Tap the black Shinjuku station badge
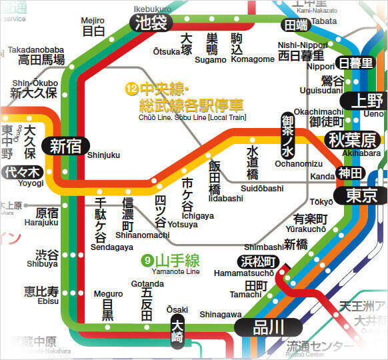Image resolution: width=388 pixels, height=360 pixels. pyautogui.click(x=65, y=147)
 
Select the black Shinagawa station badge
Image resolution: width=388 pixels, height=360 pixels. pyautogui.click(x=269, y=327)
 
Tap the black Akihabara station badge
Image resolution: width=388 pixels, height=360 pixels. pyautogui.click(x=352, y=139)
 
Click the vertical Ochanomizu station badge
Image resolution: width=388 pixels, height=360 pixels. pyautogui.click(x=287, y=135)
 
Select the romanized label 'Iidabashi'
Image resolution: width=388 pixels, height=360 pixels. pyautogui.click(x=225, y=199)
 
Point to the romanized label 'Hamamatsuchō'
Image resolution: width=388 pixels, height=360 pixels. pyautogui.click(x=243, y=273)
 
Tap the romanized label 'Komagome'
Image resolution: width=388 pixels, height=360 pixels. pyautogui.click(x=253, y=59)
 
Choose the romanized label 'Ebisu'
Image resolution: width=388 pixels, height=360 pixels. pyautogui.click(x=48, y=301)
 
